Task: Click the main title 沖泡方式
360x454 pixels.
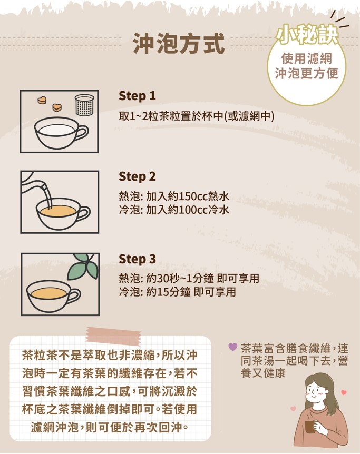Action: pyautogui.click(x=179, y=44)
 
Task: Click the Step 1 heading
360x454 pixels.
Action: pyautogui.click(x=137, y=96)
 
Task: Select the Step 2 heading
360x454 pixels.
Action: pyautogui.click(x=137, y=176)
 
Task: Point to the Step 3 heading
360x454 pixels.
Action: pyautogui.click(x=137, y=259)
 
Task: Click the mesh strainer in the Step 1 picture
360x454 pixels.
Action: pyautogui.click(x=85, y=104)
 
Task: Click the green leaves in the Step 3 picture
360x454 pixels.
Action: pyautogui.click(x=83, y=266)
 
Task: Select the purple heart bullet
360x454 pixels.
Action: pyautogui.click(x=233, y=347)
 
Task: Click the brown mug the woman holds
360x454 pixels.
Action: pyautogui.click(x=310, y=427)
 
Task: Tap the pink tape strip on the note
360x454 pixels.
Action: pyautogui.click(x=113, y=335)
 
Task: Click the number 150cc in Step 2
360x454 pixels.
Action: pyautogui.click(x=193, y=196)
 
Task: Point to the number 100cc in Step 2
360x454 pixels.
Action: pyautogui.click(x=193, y=210)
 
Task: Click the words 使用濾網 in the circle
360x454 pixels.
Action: pyautogui.click(x=307, y=58)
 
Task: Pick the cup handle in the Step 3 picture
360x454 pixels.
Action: pyautogui.click(x=74, y=296)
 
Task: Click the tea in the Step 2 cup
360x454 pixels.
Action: pyautogui.click(x=59, y=211)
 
